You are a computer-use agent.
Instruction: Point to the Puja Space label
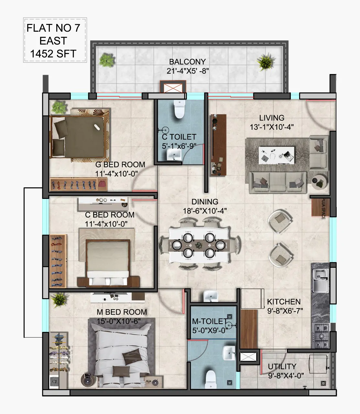[x=323, y=209]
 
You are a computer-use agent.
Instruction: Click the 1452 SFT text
[x=53, y=54]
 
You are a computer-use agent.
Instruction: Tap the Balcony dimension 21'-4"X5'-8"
[x=188, y=71]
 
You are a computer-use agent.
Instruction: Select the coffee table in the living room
[x=277, y=155]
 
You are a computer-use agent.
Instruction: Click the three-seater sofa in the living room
[x=278, y=182]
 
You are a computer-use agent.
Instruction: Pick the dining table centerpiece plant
[x=199, y=245]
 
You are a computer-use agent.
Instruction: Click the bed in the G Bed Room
[x=78, y=137]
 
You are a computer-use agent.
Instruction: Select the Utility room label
[x=282, y=366]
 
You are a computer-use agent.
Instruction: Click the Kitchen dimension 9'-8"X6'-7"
[x=285, y=311]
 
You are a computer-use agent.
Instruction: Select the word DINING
[x=205, y=202]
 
